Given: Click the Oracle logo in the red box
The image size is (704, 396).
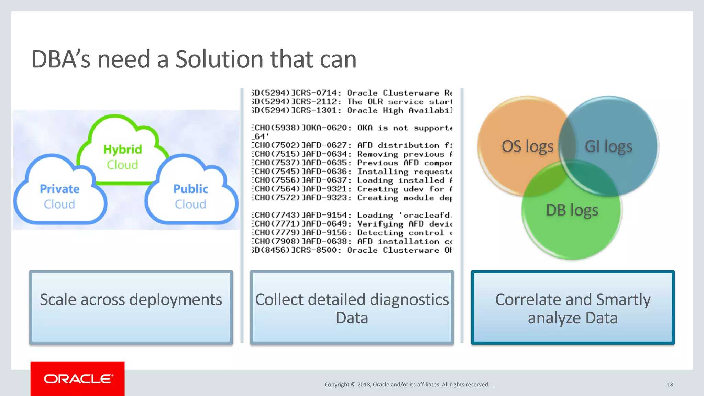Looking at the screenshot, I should (x=78, y=379).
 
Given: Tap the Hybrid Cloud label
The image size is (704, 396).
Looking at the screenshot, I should (x=122, y=157).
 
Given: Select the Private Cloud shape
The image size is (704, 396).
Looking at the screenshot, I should (x=59, y=196).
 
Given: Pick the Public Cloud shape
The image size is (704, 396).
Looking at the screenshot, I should (x=191, y=196).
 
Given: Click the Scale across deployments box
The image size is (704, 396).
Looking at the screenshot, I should (x=131, y=307).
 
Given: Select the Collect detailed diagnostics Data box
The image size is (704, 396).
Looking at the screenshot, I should (x=352, y=307).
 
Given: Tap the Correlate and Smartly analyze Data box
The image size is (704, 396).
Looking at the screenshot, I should (x=573, y=307).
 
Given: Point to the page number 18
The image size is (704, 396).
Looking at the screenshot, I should (x=670, y=385).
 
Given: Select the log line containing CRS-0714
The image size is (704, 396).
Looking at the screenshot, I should (x=352, y=93).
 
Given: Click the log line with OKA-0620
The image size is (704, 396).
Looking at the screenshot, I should (x=352, y=128).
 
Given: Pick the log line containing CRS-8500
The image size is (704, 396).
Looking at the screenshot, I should (x=352, y=250).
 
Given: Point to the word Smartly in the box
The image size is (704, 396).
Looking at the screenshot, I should (x=623, y=299).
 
